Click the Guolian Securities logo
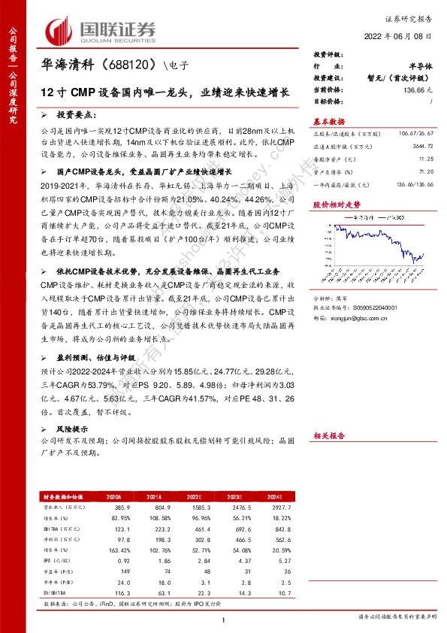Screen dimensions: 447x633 [x=102, y=29]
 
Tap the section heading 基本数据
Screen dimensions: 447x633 [x=328, y=121]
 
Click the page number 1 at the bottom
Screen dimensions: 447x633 [x=224, y=620]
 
